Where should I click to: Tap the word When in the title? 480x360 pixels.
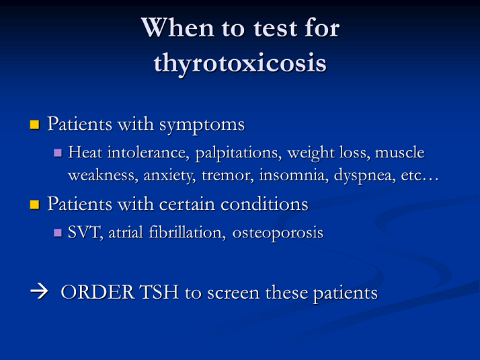[x=177, y=28]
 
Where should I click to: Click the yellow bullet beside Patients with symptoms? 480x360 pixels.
[x=34, y=124]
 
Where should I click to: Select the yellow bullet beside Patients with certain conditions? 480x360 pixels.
[x=34, y=205]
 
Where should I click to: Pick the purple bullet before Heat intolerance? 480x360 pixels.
[x=58, y=153]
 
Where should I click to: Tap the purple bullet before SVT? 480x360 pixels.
[x=58, y=233]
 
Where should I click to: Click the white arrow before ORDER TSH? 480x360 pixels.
[x=39, y=291]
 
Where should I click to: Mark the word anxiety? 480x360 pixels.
[x=169, y=176]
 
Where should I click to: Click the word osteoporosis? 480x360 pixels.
[x=278, y=233]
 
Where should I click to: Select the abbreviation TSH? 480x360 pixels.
[x=159, y=292]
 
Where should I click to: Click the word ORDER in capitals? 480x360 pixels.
[x=97, y=292]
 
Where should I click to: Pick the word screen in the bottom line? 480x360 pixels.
[x=233, y=293]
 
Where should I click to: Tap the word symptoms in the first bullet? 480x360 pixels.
[x=202, y=126]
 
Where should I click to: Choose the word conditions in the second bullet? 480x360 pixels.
[x=264, y=205]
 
